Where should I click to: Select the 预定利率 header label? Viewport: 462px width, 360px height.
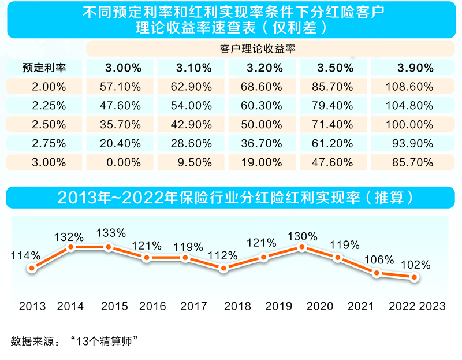click(44, 68)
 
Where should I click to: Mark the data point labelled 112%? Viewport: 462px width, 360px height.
click(223, 268)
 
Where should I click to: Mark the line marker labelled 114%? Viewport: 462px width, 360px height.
click(32, 268)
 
